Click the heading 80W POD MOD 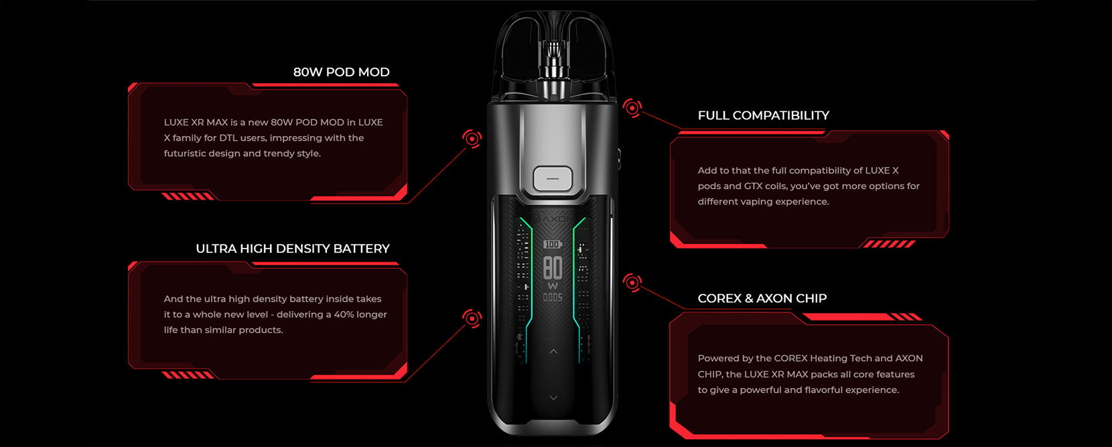point(341,72)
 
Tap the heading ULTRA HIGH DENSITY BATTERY point(292,249)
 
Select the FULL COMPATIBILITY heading point(764,115)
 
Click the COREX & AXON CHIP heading point(762,298)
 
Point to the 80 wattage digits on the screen point(553,268)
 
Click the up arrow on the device point(553,351)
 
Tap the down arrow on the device point(553,398)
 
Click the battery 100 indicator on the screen point(553,244)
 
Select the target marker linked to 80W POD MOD point(472,139)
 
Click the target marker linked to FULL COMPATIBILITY point(632,107)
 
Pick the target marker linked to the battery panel point(472,318)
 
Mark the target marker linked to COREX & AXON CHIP point(632,282)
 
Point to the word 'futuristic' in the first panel point(185,153)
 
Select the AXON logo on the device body point(554,218)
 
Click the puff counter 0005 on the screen point(553,298)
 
